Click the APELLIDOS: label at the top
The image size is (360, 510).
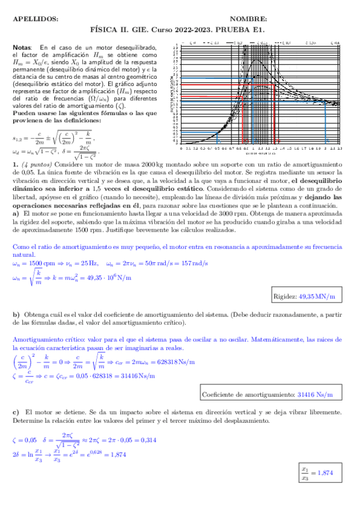(35, 19)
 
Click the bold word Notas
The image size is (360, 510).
(22, 48)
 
